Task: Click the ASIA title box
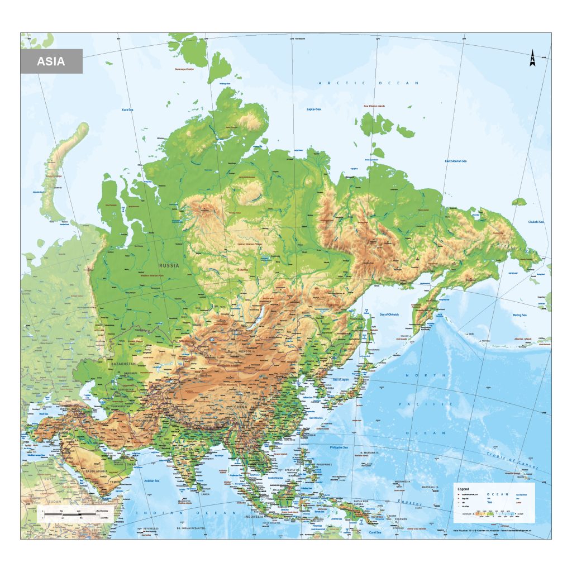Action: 51,61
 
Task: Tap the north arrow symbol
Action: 532,59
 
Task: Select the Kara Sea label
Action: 127,110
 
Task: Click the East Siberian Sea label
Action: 455,161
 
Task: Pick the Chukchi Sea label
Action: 536,222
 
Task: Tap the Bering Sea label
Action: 520,315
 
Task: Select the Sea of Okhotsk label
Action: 389,314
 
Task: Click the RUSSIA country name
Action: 169,265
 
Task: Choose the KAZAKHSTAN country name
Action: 123,363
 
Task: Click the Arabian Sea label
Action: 152,479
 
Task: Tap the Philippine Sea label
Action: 339,447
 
